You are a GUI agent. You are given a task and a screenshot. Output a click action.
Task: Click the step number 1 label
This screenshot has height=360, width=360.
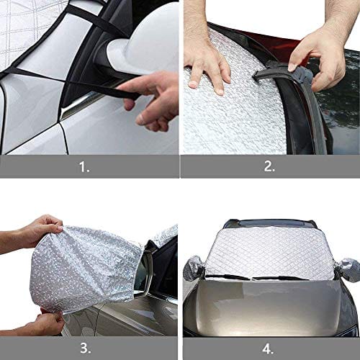[x=84, y=167]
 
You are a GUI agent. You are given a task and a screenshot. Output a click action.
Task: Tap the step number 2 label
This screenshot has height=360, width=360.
[x=269, y=166]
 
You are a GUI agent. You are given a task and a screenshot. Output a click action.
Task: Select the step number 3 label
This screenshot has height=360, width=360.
[x=86, y=348]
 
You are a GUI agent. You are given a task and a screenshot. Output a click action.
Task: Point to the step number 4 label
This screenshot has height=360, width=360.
[x=268, y=348]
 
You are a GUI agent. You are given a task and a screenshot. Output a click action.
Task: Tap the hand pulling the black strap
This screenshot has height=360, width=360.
[x=150, y=101]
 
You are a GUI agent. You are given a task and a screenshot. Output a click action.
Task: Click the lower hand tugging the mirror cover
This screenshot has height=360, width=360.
[x=43, y=322]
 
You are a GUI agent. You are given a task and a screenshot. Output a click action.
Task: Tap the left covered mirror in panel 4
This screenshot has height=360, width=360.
[x=194, y=268]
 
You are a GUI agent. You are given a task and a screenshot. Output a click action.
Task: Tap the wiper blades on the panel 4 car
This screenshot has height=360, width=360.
[x=254, y=278]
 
